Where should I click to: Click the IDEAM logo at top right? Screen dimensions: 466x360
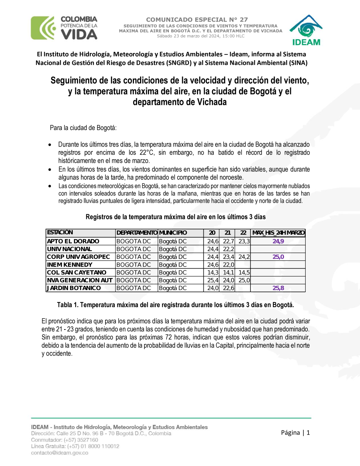tap(306, 31)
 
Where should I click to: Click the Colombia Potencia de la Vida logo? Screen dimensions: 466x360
tap(64, 28)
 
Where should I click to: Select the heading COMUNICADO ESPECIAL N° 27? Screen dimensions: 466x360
tap(197, 19)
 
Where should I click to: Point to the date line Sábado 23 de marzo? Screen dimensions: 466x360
tap(201, 36)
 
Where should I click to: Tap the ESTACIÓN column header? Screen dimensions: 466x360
tap(60, 232)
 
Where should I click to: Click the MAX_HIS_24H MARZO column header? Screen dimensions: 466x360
tap(278, 233)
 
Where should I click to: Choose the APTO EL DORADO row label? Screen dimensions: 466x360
tap(73, 241)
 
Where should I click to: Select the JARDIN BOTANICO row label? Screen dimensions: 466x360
tap(74, 288)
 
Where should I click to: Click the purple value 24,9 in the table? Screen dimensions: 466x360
tap(278, 241)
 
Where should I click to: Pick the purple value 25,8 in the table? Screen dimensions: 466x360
tap(278, 288)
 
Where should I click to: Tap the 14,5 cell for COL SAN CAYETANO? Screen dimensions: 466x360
tap(244, 273)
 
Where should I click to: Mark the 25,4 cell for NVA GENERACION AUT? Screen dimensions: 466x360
tap(212, 280)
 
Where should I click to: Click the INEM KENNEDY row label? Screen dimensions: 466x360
tap(70, 265)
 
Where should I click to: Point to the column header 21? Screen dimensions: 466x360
tap(228, 233)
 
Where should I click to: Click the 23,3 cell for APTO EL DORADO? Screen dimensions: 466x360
tap(244, 241)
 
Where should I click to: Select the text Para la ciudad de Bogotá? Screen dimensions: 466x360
tap(83, 128)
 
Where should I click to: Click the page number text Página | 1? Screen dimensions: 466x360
tap(295, 433)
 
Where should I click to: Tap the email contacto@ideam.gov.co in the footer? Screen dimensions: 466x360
tap(59, 453)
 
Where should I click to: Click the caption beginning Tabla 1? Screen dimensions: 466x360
tap(175, 305)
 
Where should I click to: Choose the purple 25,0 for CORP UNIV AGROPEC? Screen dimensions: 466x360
tap(278, 257)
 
